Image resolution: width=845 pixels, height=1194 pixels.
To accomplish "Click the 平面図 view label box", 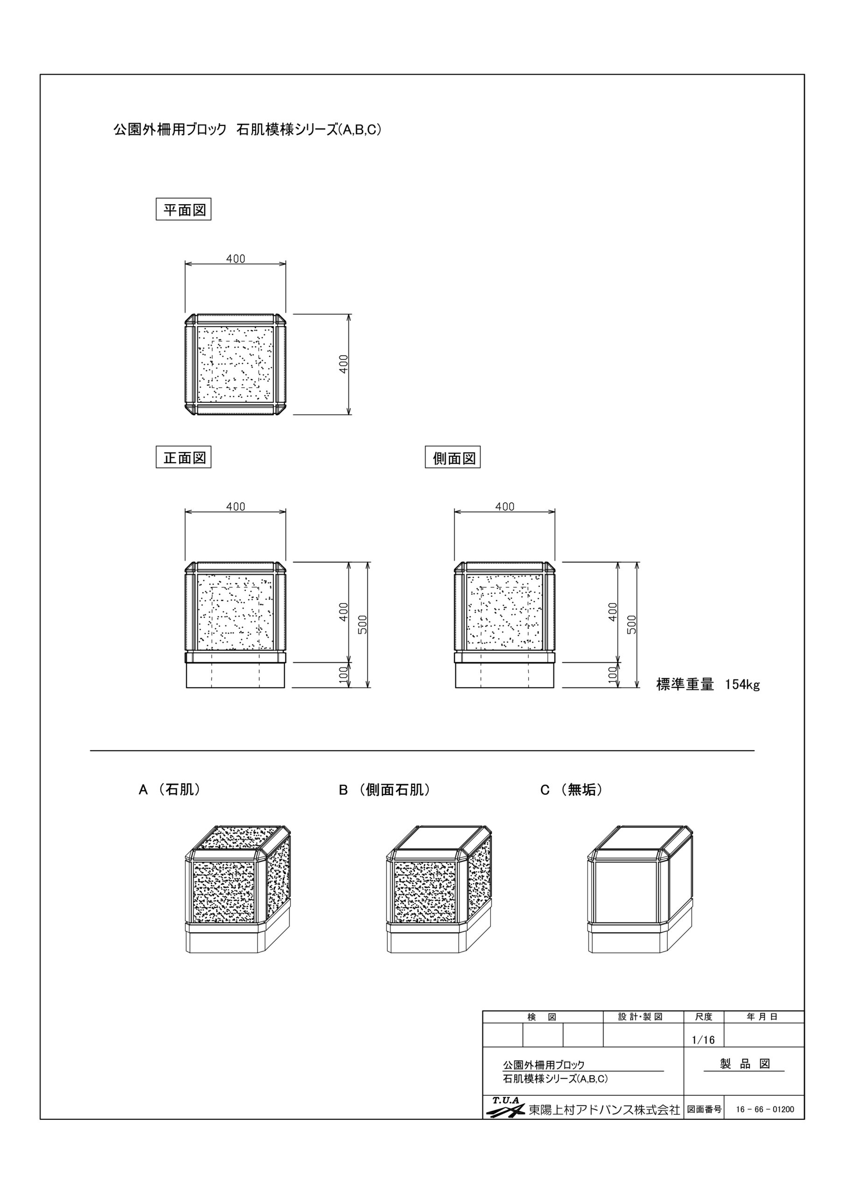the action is click(183, 209).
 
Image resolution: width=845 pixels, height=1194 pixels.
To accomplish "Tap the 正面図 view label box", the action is click(183, 458).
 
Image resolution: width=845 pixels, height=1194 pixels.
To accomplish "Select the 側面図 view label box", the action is click(453, 458).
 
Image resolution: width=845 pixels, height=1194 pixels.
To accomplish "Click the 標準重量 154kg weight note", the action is click(708, 684).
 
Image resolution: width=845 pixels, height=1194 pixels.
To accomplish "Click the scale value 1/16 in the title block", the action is click(704, 1040).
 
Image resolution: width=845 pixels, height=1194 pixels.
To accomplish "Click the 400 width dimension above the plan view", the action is click(236, 258).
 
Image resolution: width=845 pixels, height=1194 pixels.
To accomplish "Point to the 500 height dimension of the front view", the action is click(363, 624).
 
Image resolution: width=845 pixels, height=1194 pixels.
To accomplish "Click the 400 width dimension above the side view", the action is click(505, 507).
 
